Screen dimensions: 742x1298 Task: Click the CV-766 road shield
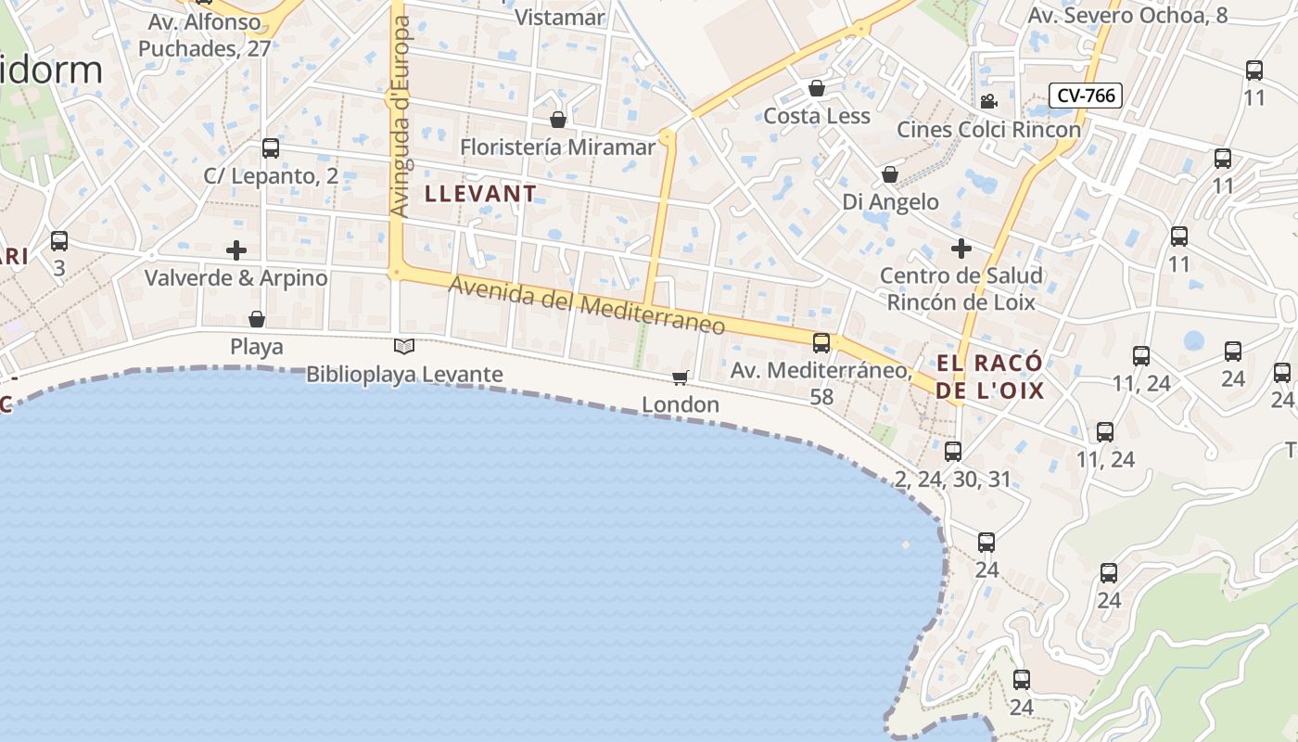1086,95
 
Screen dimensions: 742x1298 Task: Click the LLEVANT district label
480,194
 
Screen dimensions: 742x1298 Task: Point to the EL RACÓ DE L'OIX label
989,376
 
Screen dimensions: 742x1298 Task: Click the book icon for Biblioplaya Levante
404,347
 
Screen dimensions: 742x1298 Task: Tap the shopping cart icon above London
681,377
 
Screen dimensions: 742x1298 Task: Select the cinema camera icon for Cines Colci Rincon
988,101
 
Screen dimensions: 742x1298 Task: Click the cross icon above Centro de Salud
961,249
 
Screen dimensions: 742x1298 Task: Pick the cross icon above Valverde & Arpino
236,250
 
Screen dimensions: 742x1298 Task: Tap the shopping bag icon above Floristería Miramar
558,120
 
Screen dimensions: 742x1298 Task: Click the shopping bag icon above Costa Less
817,88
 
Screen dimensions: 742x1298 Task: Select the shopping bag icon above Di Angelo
890,174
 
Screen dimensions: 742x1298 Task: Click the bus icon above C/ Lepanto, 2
271,147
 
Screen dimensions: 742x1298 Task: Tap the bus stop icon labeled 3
59,241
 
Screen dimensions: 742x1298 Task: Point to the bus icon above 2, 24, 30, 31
953,452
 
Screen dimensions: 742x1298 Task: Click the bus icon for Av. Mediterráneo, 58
821,343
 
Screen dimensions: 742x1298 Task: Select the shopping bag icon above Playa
257,320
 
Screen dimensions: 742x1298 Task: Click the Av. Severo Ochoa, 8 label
1127,15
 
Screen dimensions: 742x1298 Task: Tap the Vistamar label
559,17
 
